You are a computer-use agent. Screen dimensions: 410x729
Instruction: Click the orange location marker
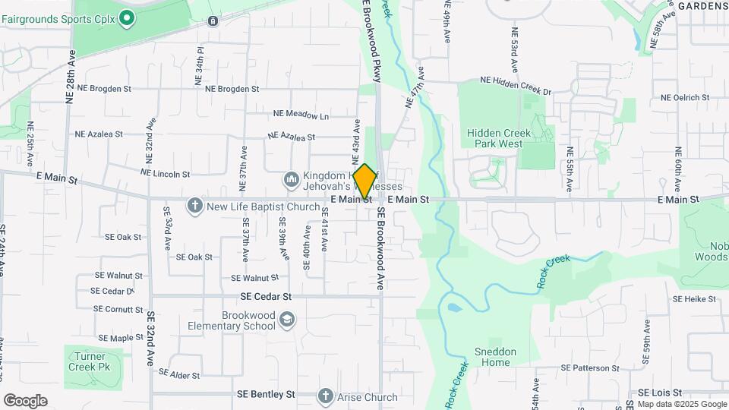[x=364, y=181]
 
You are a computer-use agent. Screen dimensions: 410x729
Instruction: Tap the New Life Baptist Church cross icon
[x=195, y=205]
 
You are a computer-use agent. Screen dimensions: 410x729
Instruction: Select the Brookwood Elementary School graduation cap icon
[x=287, y=320]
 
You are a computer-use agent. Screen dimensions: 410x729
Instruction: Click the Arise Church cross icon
[x=326, y=396]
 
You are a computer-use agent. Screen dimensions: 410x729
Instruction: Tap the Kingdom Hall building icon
[x=290, y=180]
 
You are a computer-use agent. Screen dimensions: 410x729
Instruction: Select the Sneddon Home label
[x=496, y=357]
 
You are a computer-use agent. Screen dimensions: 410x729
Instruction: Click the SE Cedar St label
[x=266, y=296]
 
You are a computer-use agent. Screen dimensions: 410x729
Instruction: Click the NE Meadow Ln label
[x=301, y=115]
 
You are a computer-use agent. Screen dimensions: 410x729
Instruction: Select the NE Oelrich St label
[x=684, y=97]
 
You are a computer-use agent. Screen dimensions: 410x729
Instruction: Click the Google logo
[x=25, y=401]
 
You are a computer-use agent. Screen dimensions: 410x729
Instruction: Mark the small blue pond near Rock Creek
[x=453, y=308]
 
